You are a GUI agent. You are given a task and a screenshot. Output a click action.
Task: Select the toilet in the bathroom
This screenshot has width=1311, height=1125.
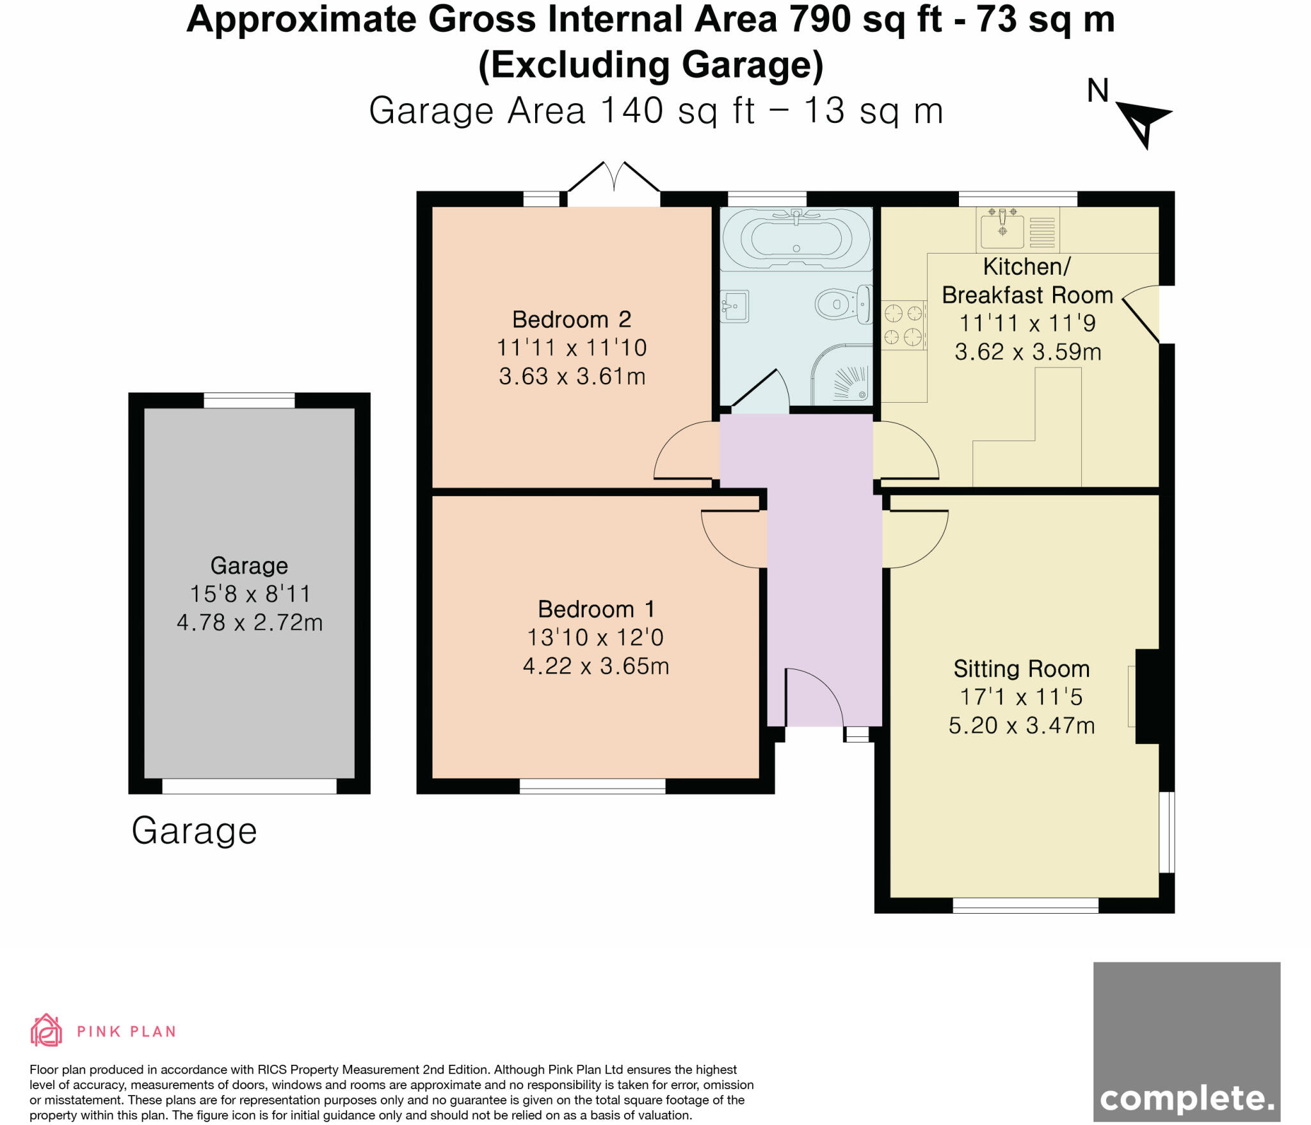coord(843,304)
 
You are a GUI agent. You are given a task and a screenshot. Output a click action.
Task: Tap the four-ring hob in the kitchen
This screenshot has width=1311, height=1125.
coord(903,325)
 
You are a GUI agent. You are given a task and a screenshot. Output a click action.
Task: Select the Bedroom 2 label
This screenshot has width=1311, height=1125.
coord(572,319)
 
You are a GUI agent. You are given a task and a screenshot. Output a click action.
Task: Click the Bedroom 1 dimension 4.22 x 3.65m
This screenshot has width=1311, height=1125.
coord(596,666)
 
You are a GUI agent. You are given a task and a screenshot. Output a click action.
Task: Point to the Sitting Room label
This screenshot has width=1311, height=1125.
coord(1021,668)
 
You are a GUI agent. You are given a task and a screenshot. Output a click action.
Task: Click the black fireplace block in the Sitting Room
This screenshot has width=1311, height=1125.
coord(1147,697)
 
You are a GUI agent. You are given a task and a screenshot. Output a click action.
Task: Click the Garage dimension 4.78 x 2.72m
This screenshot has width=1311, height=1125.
coord(250,622)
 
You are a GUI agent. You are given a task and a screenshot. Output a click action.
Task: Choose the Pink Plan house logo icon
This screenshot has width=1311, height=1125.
coord(46,1030)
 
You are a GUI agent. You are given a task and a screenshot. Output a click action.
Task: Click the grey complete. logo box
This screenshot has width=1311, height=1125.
coord(1186,1041)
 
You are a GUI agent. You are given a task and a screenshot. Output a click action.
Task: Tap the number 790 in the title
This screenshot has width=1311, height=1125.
coord(820,19)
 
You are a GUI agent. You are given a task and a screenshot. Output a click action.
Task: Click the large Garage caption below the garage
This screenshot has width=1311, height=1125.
coord(194,831)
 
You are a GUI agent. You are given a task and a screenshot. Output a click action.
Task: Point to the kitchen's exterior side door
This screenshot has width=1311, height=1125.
coord(1143,314)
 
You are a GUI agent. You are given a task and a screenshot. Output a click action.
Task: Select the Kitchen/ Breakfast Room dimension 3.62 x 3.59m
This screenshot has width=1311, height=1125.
coord(1027,352)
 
